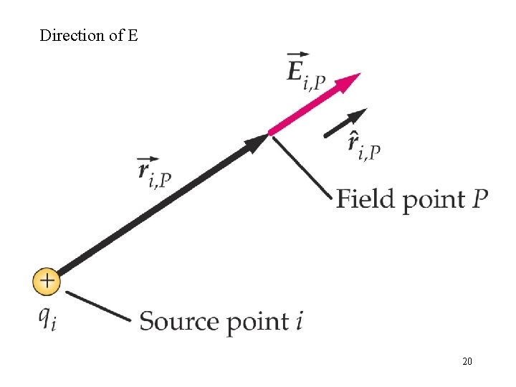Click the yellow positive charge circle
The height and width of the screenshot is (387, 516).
[47, 280]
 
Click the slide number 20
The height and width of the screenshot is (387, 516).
[467, 361]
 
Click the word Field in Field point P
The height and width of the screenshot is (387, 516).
[367, 198]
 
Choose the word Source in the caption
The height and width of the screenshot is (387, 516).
[179, 320]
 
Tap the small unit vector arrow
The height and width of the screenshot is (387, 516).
[345, 123]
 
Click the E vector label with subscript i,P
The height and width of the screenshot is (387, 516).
[305, 72]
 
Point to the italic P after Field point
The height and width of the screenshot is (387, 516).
[479, 197]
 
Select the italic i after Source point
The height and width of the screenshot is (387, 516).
[298, 320]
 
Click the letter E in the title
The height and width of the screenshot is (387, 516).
[133, 35]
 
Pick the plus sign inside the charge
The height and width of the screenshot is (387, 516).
[47, 280]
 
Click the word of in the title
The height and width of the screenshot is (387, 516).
[115, 35]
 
